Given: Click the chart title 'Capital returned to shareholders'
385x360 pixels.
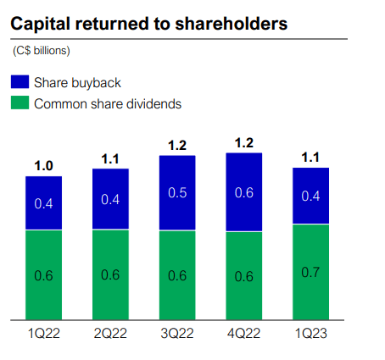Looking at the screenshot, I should tap(148, 25).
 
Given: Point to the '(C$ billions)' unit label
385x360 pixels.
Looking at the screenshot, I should tap(42, 51).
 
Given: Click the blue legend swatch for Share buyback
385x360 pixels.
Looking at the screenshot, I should tap(20, 83).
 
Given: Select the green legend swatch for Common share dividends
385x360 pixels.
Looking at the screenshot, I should tap(20, 104).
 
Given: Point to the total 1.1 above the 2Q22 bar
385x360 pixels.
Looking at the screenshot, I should tap(110, 158).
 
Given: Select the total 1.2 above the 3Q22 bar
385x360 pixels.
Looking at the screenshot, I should tap(177, 145).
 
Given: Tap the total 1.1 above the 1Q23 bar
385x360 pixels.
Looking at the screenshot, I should tap(310, 157).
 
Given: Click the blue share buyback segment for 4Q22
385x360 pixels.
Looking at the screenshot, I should tap(243, 191).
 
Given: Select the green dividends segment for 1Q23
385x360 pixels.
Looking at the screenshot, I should tap(310, 272).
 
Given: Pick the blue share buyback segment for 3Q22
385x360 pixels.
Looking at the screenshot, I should tap(177, 192).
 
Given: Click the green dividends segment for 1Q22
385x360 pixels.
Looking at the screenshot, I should tap(43, 274).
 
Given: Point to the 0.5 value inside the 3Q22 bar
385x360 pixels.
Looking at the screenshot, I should tap(177, 193).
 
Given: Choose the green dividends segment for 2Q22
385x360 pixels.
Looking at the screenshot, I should tap(110, 274).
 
